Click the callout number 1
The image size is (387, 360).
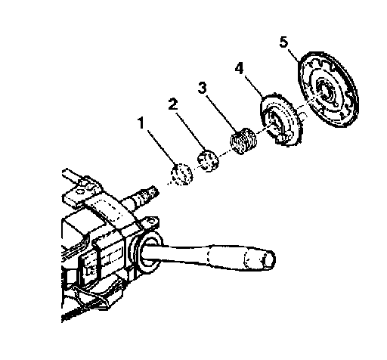coord(141,123)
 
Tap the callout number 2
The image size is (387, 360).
coord(173,104)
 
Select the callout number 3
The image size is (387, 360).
coord(203,88)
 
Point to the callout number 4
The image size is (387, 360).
coord(239,68)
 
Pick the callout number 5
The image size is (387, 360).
coord(283,42)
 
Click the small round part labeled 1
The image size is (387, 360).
coord(181,174)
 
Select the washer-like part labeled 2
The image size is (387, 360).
coord(208,161)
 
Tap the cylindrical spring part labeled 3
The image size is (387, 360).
coord(243,141)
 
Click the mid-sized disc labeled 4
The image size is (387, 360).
coord(280,119)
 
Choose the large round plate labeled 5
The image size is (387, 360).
coord(327,88)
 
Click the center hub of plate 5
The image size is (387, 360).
coord(327,91)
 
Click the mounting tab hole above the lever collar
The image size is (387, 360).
coord(151,222)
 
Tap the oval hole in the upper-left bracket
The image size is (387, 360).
coord(80,191)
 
